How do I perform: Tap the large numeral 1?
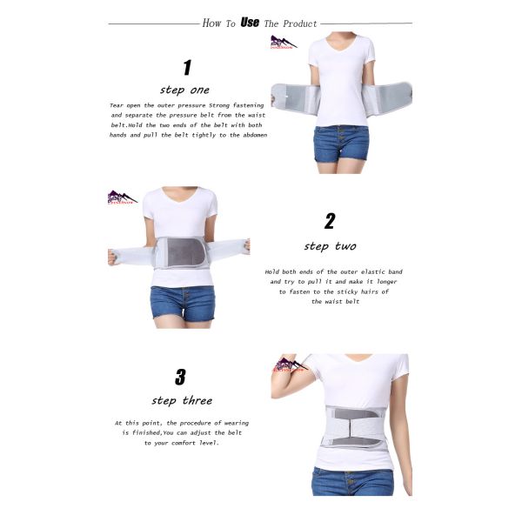click(186, 68)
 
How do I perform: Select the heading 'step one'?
click(184, 89)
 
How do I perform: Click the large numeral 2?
click(330, 221)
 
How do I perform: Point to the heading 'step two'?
click(330, 246)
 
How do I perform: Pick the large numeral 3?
click(180, 377)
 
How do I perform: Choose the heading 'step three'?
click(182, 401)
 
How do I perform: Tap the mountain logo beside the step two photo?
click(122, 197)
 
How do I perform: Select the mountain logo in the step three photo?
click(291, 365)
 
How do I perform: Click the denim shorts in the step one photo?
click(341, 142)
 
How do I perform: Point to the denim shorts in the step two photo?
click(182, 303)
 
